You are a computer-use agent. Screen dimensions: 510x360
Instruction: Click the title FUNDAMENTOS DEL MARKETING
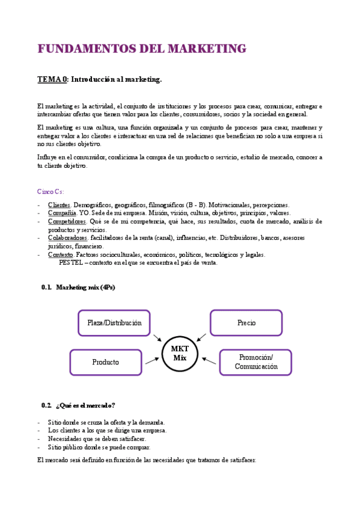142,49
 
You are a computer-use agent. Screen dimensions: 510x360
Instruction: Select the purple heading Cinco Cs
50,192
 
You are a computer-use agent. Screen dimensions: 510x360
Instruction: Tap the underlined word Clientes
59,204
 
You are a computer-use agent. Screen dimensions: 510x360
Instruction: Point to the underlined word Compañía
62,213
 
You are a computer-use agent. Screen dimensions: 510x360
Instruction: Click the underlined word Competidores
67,221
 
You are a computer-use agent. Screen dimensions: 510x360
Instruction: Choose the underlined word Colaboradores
67,238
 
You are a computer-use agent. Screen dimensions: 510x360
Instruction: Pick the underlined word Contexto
61,254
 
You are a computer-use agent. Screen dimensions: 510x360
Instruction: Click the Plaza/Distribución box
114,323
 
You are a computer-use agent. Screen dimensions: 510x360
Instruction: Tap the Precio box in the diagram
246,323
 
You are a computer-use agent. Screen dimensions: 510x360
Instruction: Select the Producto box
106,362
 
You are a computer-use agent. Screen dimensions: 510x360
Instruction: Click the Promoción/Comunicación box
256,362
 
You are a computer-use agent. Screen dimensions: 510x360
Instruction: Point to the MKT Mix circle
180,353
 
